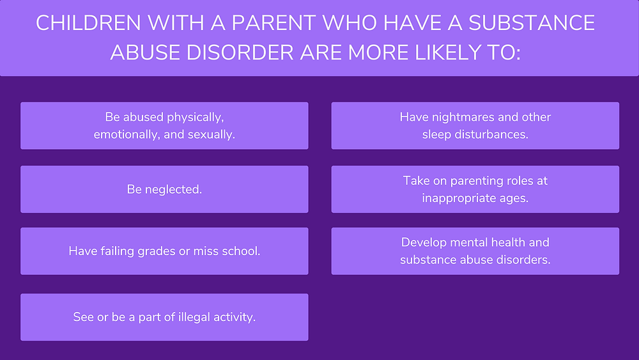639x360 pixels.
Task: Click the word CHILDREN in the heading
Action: [88, 23]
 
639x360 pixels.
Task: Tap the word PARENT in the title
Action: [273, 23]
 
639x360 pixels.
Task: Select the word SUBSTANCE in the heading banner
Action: [532, 23]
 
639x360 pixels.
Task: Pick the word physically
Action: [195, 118]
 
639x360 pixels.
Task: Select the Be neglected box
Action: [164, 189]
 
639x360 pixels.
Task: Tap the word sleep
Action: [437, 134]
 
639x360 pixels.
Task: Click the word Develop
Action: [420, 242]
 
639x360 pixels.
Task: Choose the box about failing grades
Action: [164, 251]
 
